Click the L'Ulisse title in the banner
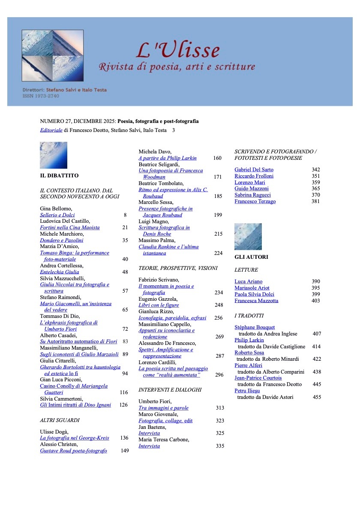click(x=178, y=50)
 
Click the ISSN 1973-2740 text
click(x=41, y=96)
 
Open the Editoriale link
click(x=51, y=130)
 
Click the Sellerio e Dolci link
click(x=57, y=215)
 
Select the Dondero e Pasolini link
click(x=61, y=240)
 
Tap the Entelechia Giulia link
click(x=59, y=272)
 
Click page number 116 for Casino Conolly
click(x=124, y=392)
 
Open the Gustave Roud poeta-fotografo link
click(x=73, y=451)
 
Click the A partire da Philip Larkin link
click(x=167, y=158)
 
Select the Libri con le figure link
click(x=159, y=305)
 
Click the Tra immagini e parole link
click(x=163, y=408)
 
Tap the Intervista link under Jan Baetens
click(x=149, y=433)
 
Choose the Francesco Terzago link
click(x=255, y=201)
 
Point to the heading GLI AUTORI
click(x=251, y=257)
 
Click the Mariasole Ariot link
click(x=252, y=288)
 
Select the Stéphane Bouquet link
click(x=255, y=327)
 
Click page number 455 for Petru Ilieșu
click(x=317, y=397)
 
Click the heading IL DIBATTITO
click(x=59, y=176)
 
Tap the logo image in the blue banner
click(x=53, y=56)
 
